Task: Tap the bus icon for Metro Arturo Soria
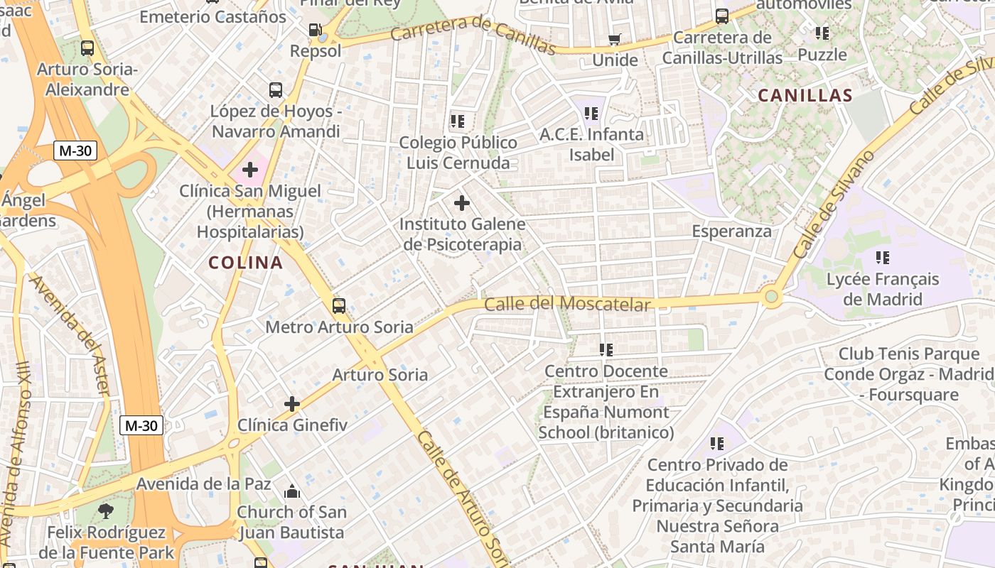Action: [339, 306]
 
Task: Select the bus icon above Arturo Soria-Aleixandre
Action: [87, 48]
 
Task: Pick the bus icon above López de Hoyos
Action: [276, 90]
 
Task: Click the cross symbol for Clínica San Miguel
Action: [250, 170]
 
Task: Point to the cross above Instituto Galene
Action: [462, 204]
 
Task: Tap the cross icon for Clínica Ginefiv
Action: [292, 404]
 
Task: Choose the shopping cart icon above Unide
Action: [615, 40]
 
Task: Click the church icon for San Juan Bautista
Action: [291, 491]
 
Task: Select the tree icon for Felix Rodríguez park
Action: [106, 510]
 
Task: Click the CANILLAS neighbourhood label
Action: [805, 96]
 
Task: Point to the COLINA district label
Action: [246, 263]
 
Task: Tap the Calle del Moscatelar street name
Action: [566, 305]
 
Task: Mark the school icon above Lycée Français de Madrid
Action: [883, 258]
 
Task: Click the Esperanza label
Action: [731, 231]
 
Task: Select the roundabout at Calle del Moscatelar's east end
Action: [771, 297]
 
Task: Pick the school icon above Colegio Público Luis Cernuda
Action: [458, 121]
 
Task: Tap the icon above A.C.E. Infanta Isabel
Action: [591, 113]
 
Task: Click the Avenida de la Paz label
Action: [203, 484]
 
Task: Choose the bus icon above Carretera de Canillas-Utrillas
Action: [722, 16]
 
